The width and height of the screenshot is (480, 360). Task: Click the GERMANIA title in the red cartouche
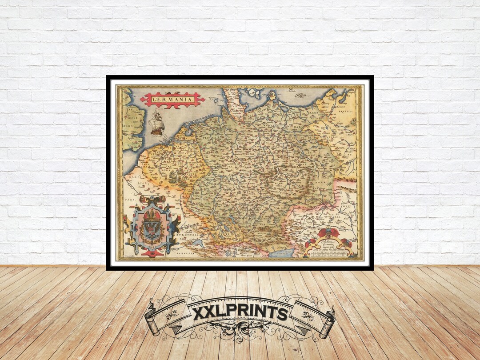[x=172, y=100]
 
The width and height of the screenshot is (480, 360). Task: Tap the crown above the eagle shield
[x=152, y=216]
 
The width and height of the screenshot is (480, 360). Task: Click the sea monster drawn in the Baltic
[x=300, y=95]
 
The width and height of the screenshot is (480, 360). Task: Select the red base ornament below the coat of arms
[x=152, y=253]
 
